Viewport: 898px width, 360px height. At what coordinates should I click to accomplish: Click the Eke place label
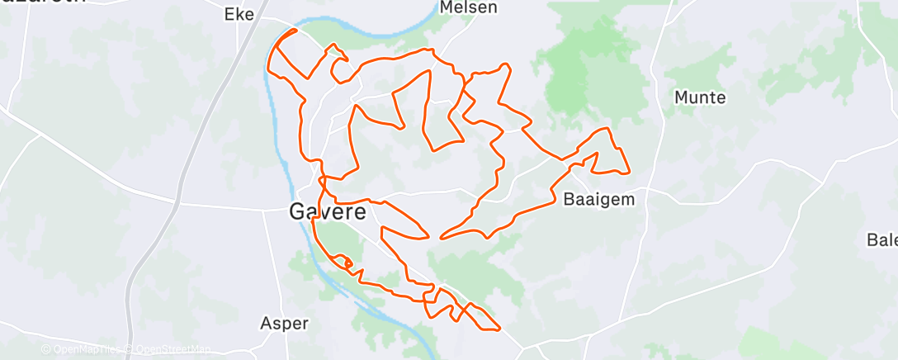(x=239, y=13)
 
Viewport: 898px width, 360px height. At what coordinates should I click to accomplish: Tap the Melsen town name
(x=469, y=7)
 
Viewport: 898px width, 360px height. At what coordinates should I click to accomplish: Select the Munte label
(x=700, y=97)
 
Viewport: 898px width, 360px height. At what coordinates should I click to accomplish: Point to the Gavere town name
(x=328, y=211)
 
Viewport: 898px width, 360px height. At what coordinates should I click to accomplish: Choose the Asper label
(x=284, y=323)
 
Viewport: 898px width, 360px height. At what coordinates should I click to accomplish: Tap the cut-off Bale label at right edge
(x=881, y=240)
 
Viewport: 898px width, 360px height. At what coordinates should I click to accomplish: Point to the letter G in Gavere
(x=298, y=211)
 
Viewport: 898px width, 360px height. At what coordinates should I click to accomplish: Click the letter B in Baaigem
(x=568, y=199)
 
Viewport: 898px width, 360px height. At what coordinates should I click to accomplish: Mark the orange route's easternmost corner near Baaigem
(x=629, y=172)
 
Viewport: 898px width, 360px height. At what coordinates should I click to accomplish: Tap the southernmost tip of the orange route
(x=498, y=329)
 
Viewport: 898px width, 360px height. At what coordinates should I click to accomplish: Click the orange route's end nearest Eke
(x=295, y=30)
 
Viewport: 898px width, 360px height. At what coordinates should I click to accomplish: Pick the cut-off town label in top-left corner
(x=41, y=2)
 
